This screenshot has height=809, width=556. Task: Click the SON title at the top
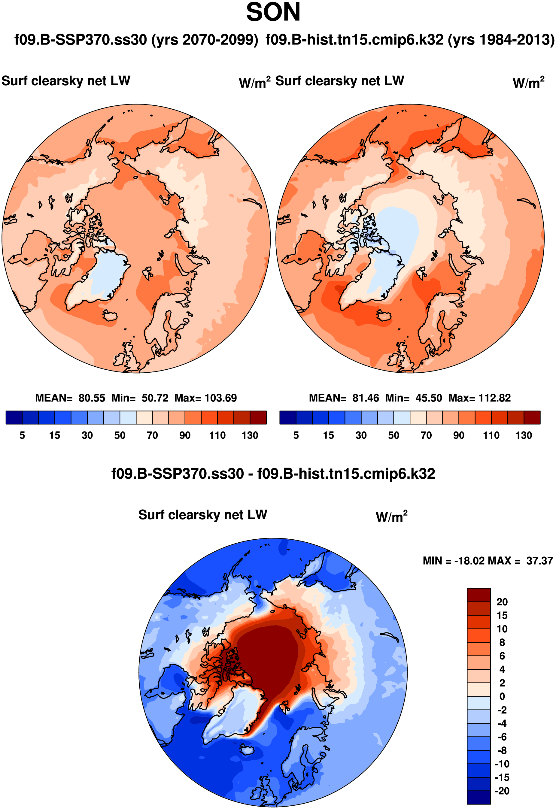(273, 13)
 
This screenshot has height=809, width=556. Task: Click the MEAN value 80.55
(92, 398)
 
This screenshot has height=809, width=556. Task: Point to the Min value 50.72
(155, 398)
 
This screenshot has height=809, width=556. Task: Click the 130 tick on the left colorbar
(250, 435)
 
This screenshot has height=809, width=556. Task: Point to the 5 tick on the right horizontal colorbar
(296, 435)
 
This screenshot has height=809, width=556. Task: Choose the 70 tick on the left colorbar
(152, 435)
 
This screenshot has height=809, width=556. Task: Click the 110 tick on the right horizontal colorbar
(491, 435)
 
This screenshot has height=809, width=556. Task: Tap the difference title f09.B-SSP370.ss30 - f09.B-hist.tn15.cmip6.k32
(273, 474)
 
